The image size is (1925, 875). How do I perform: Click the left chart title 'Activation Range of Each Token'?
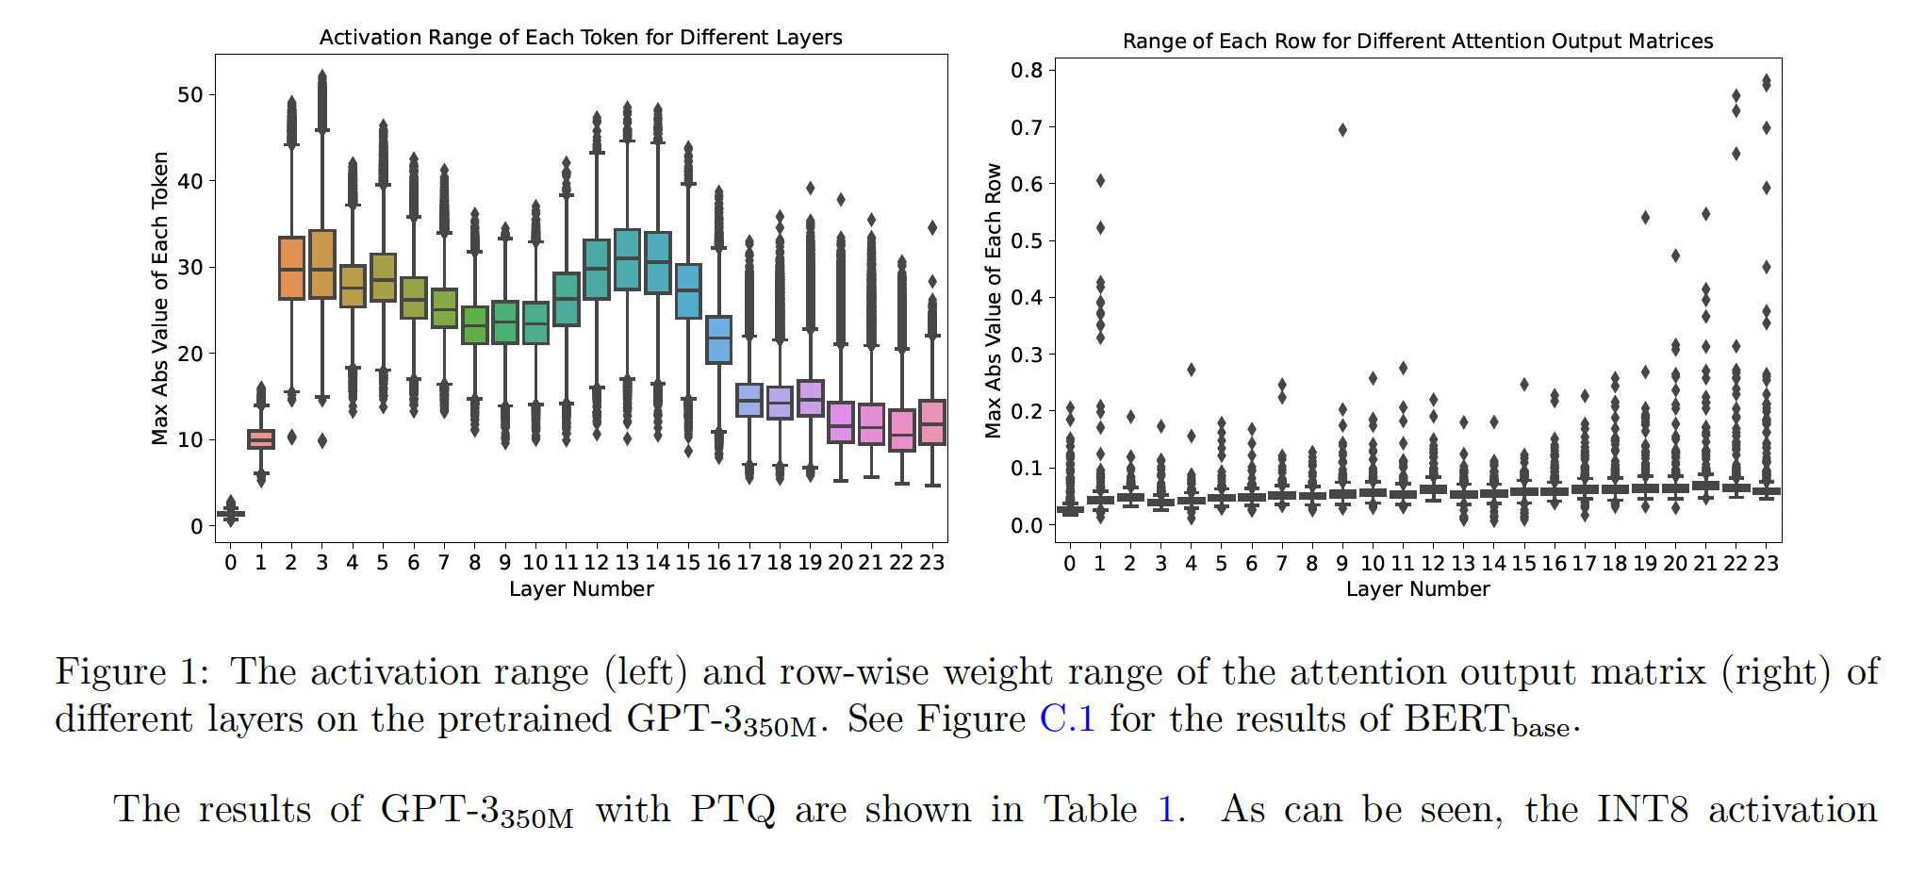581,38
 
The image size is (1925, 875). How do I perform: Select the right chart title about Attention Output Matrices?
1417,41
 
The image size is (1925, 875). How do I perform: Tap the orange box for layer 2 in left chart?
291,269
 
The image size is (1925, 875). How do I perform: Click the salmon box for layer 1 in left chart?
261,439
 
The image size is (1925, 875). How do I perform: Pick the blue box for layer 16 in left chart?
718,339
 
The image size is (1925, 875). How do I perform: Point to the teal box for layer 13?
627,259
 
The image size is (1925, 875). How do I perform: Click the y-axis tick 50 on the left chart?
190,95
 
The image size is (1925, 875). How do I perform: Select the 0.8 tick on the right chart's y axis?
1027,71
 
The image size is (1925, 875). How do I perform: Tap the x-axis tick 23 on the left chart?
931,563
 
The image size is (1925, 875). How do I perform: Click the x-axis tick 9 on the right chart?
1341,564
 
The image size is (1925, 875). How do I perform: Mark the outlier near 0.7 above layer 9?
1342,130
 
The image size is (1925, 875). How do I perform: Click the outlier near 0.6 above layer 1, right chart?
1100,181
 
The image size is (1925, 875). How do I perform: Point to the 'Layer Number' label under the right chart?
1418,589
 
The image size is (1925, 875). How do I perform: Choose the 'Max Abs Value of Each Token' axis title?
160,298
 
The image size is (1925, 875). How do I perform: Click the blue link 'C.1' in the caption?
1067,719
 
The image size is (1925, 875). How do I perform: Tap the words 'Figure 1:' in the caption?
132,672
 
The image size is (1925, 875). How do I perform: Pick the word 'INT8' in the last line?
1641,810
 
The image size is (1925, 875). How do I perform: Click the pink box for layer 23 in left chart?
932,422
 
